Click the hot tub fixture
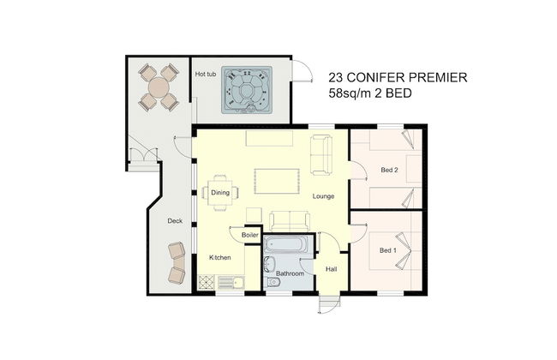pos(247,90)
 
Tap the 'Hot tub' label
pos(206,75)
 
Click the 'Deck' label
pos(175,220)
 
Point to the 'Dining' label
pos(220,193)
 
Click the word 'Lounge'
pos(323,196)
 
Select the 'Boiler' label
pos(250,235)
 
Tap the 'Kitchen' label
pos(220,257)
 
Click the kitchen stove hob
pos(206,283)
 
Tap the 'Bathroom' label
pos(290,273)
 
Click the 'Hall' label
pos(332,269)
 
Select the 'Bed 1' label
pos(388,250)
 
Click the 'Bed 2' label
pos(389,170)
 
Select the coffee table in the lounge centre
pos(277,181)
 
